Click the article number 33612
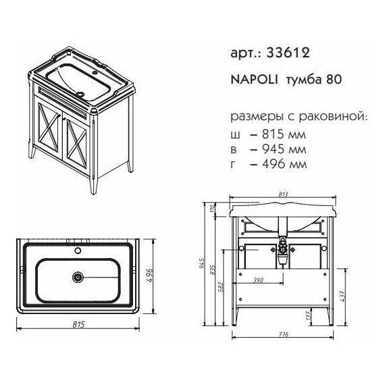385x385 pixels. [x=288, y=53]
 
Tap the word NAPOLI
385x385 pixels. [x=255, y=80]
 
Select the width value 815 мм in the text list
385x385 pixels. [x=284, y=134]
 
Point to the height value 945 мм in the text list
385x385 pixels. [x=284, y=149]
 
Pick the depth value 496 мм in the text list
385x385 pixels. [x=284, y=163]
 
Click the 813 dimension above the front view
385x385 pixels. [x=283, y=195]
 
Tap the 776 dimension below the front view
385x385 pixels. [x=284, y=334]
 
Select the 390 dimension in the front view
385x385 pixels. [x=258, y=280]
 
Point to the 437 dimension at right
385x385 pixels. [x=342, y=297]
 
